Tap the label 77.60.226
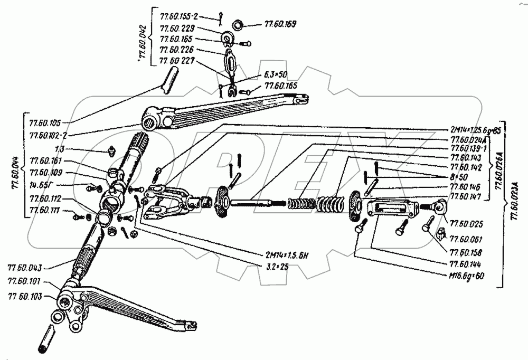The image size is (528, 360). tap(177, 50)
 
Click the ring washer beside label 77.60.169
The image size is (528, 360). tap(239, 24)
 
